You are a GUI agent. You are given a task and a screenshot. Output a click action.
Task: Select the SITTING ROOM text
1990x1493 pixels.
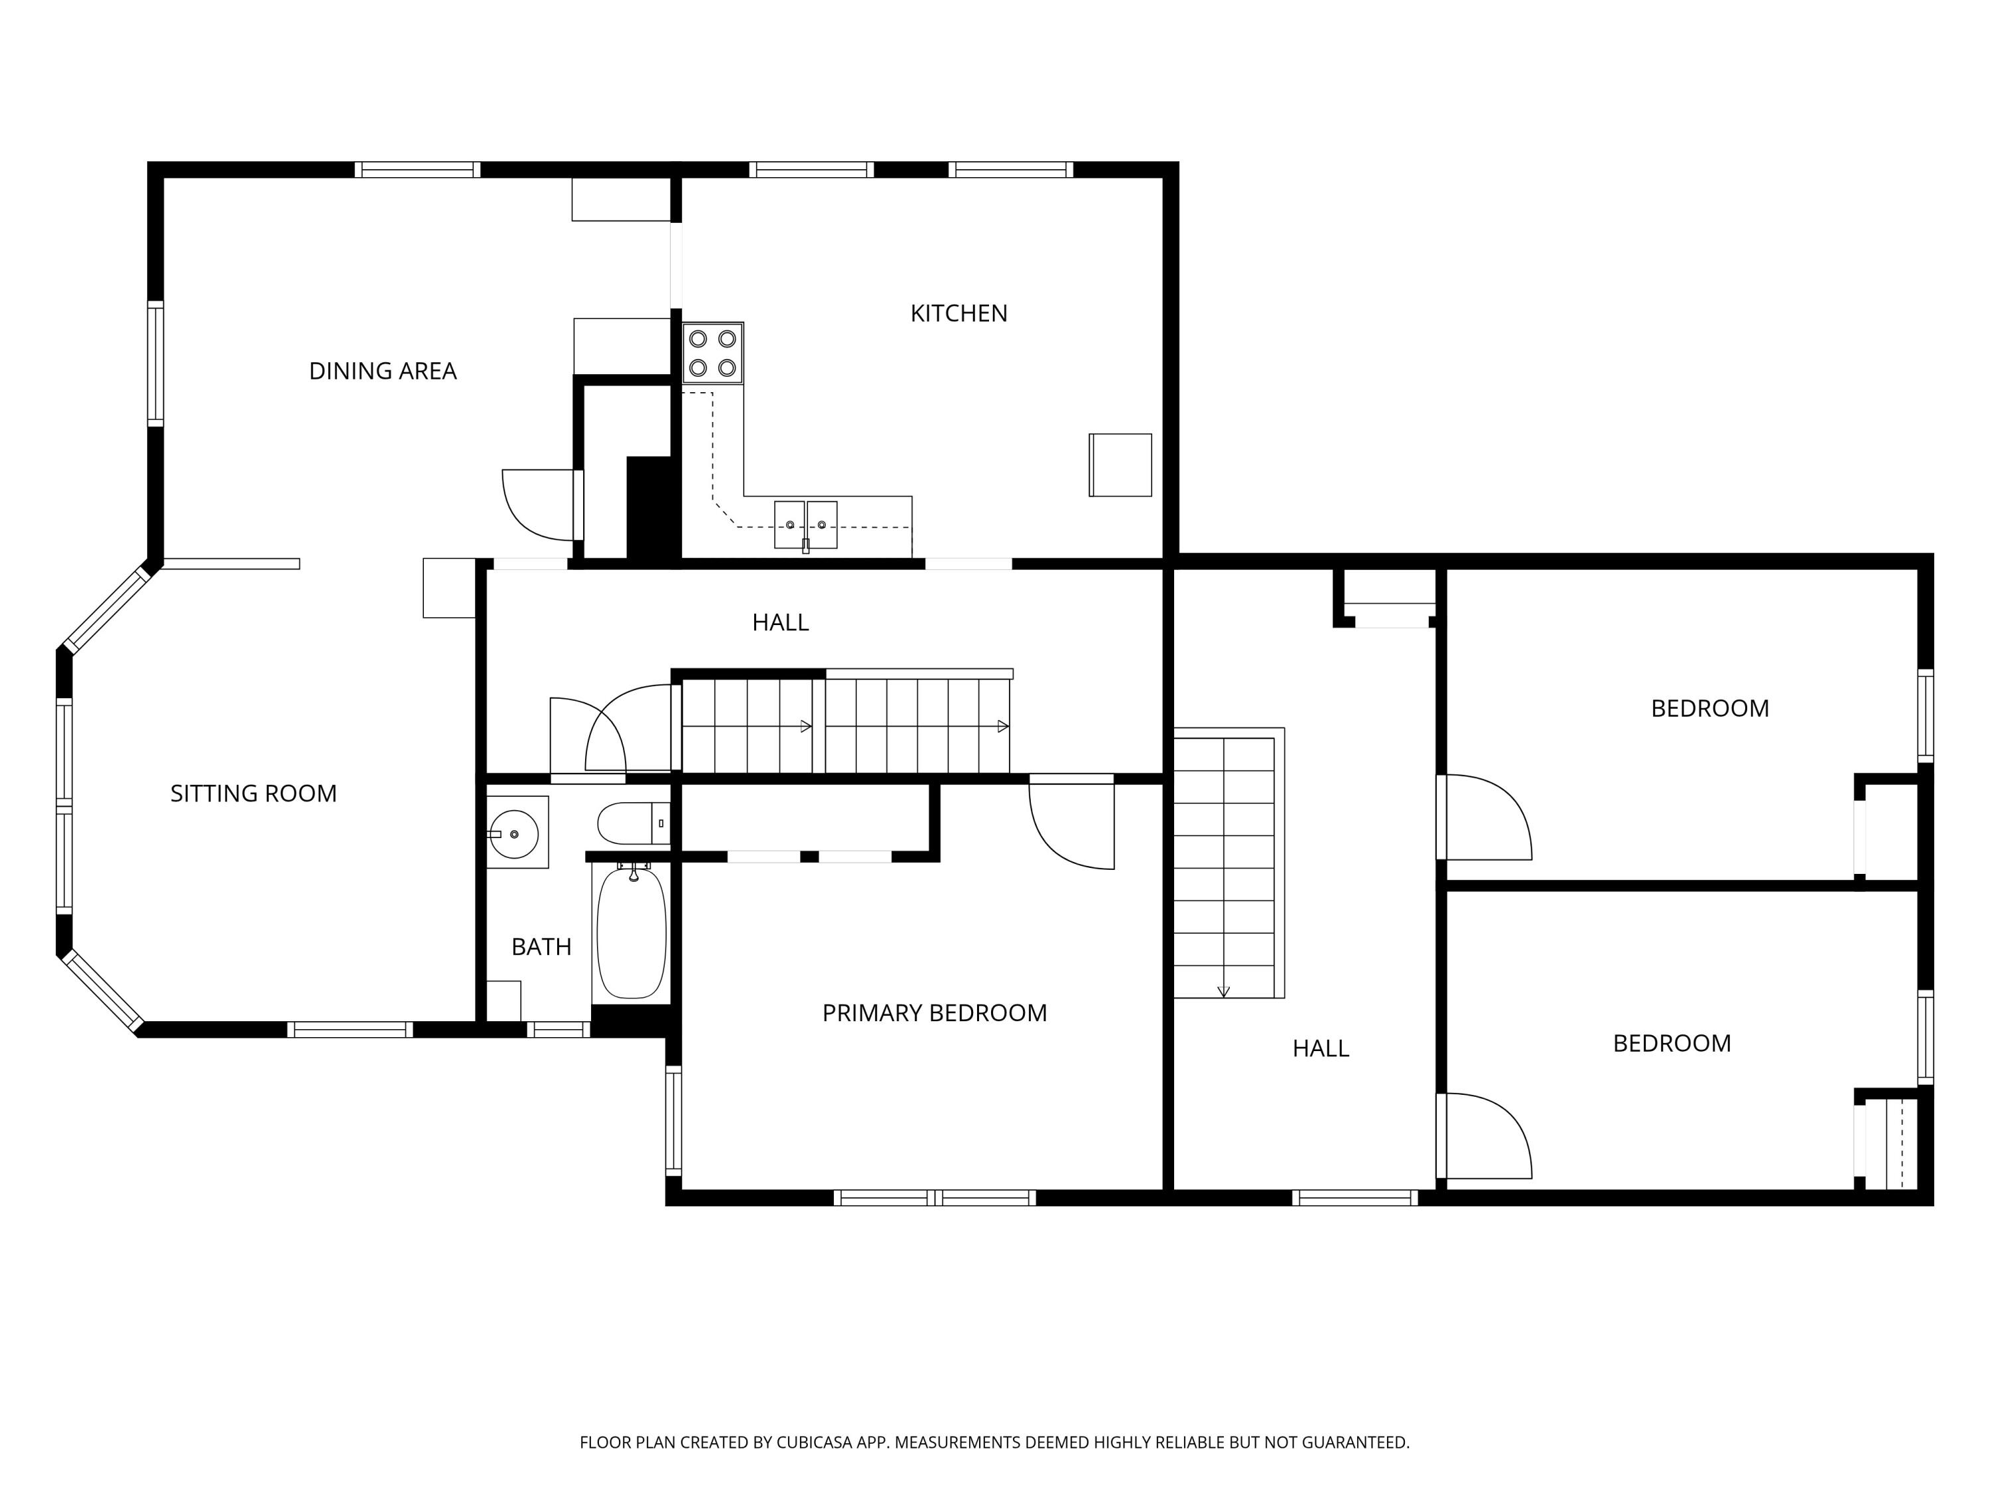click(x=253, y=793)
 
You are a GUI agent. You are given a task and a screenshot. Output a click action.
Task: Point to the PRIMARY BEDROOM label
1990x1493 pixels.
click(x=934, y=1013)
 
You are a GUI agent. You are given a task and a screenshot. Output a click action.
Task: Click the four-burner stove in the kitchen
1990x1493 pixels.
click(x=712, y=353)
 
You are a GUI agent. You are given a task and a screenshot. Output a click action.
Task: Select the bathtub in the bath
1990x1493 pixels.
click(x=631, y=932)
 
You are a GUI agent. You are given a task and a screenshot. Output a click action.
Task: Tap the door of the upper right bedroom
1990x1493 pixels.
click(x=1485, y=817)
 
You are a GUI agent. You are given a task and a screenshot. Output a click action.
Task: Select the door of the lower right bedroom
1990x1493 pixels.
click(x=1485, y=1136)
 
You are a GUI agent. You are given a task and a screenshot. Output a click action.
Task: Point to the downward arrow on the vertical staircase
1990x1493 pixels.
click(x=1223, y=991)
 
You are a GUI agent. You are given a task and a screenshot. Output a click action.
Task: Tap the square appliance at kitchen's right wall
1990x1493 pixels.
click(x=1120, y=464)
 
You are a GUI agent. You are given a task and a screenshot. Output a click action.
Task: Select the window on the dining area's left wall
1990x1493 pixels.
click(x=156, y=364)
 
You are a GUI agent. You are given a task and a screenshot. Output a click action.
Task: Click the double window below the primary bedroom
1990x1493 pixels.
click(x=934, y=1197)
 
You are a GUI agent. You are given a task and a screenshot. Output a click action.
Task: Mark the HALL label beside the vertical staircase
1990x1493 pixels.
click(x=1320, y=1048)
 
